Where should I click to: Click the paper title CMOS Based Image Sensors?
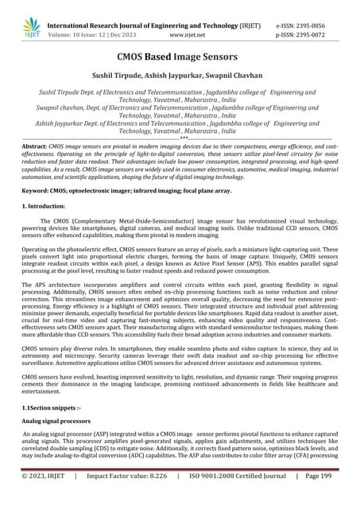(x=180, y=58)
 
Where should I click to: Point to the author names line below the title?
(x=180, y=78)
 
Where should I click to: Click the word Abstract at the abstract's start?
(x=33, y=147)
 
